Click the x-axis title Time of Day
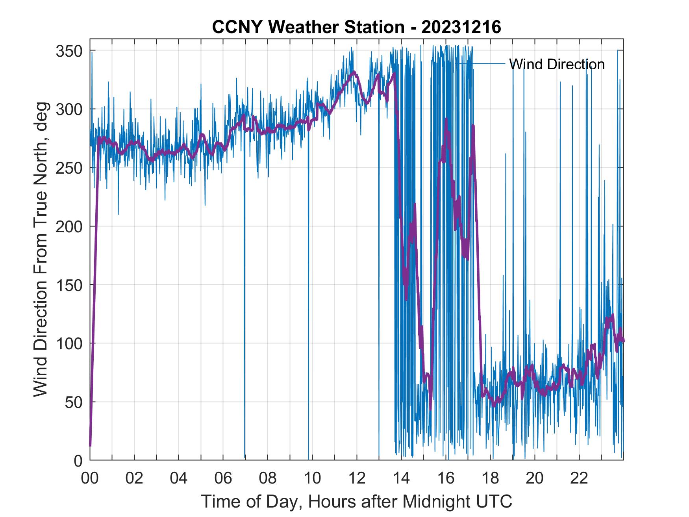356,501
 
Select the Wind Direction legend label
557,64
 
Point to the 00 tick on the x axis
90,478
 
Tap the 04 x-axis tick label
179,478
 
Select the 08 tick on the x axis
268,478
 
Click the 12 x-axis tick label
357,478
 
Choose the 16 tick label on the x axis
446,478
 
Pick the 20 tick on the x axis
535,478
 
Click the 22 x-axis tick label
579,478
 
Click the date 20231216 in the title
461,27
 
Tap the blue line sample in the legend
480,63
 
